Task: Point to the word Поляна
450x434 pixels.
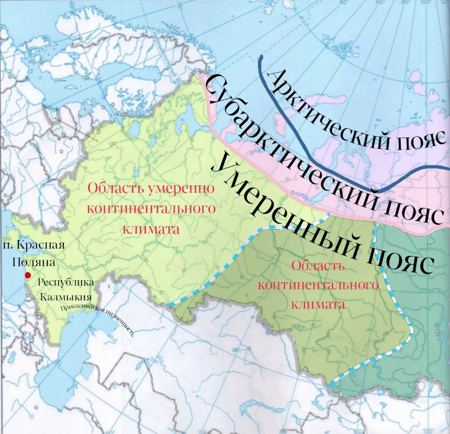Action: click(34, 263)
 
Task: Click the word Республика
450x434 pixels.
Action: click(66, 283)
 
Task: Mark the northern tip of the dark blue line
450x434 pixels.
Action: click(261, 58)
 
